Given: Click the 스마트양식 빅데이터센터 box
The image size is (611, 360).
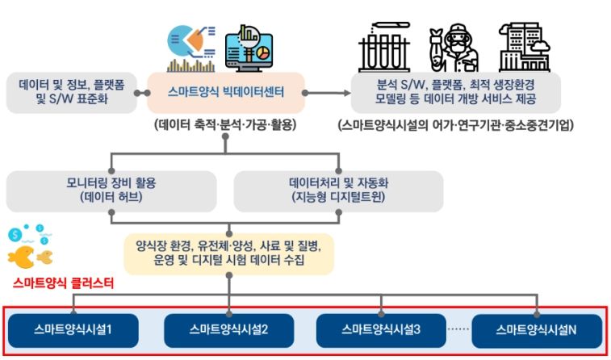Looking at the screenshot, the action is [x=226, y=93].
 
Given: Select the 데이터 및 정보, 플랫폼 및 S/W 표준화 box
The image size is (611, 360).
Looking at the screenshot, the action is [x=72, y=93].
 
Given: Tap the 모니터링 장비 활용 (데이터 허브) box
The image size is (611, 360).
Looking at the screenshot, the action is [x=111, y=191].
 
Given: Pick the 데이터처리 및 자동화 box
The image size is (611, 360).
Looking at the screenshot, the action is [x=338, y=191].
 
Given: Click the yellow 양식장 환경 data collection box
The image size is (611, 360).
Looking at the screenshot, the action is [x=229, y=254].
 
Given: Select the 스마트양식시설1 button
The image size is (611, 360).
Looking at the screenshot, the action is [x=73, y=330].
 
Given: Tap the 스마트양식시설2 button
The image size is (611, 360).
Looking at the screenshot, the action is [x=228, y=330].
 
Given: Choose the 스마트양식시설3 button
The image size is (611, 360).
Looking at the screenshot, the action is [x=381, y=330].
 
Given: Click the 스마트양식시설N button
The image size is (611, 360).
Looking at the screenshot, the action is [x=537, y=330].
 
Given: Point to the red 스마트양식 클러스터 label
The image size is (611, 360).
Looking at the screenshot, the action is [x=63, y=283].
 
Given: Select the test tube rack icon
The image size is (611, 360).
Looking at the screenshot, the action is [x=384, y=47].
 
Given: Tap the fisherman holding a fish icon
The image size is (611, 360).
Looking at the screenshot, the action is [x=454, y=47].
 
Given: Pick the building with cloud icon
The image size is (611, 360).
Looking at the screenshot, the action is [x=525, y=47].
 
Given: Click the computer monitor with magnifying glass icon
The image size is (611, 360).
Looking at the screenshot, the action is [x=249, y=48].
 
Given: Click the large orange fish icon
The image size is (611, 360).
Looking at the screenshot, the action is [x=21, y=257].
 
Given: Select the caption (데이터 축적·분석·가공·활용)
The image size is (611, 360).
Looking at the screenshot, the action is [x=225, y=124].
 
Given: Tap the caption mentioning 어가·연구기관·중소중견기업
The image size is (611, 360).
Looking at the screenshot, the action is [x=456, y=124].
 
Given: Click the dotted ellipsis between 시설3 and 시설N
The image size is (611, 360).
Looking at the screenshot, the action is [x=458, y=329].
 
